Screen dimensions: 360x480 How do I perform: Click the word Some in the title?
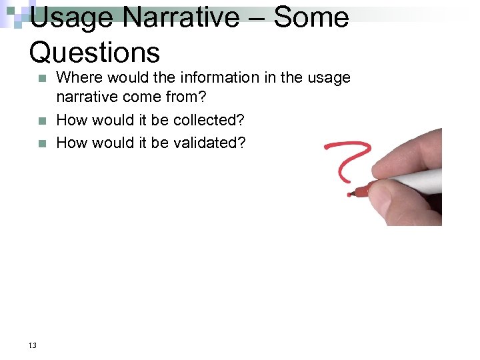tap(311, 19)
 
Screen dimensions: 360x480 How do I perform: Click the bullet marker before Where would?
tap(42, 79)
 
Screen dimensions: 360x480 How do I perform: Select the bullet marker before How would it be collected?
tap(42, 121)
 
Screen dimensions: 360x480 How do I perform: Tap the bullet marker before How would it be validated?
tap(42, 143)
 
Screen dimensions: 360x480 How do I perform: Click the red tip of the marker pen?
tap(360, 192)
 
